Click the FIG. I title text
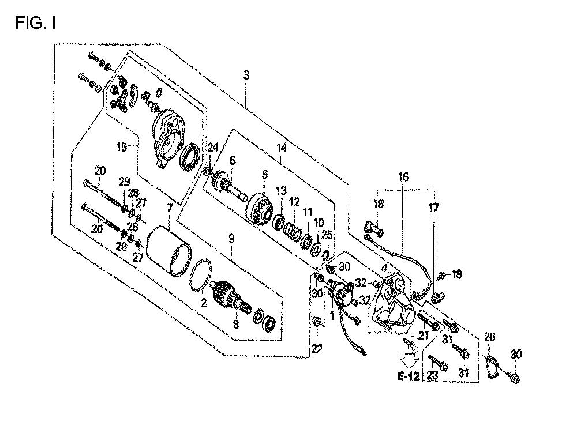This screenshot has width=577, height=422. [x=35, y=23]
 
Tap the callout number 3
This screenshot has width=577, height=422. [x=246, y=75]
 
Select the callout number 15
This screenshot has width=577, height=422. [x=121, y=147]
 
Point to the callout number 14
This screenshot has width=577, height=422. [x=282, y=148]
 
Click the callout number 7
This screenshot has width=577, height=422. [x=169, y=209]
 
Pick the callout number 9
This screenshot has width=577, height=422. [x=231, y=239]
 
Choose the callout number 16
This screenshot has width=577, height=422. [x=403, y=177]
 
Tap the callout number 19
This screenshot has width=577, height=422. [x=456, y=274]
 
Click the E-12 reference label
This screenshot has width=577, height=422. [x=409, y=376]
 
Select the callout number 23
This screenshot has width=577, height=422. [x=433, y=376]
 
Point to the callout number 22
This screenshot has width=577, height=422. [x=317, y=348]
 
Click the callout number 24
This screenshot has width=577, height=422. [x=213, y=148]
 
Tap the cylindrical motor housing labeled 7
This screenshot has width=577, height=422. [x=169, y=251]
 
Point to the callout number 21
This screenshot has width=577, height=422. [x=424, y=336]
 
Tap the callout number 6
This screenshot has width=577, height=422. [x=232, y=161]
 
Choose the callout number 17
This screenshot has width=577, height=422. [x=434, y=208]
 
